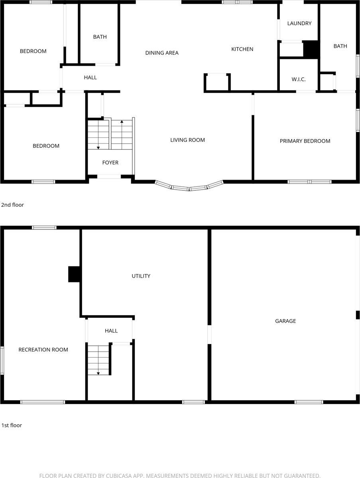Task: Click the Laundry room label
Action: pos(299,24)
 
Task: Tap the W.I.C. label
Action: pos(299,79)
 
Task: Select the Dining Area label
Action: pos(162,53)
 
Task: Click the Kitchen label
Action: pos(242,49)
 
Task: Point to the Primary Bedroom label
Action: pos(305,141)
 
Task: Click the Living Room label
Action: pos(187,140)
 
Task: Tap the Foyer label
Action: pos(110,163)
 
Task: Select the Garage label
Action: pos(285,321)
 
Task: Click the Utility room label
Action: pos(141,276)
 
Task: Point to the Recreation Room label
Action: pos(43,349)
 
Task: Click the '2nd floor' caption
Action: pos(12,205)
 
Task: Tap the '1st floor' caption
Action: pos(12,425)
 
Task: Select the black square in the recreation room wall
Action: pos(75,274)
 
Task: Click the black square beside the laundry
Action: pos(311,49)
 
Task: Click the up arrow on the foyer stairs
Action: pos(122,121)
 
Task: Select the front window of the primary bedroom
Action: pos(310,182)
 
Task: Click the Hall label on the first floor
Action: pos(111,331)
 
